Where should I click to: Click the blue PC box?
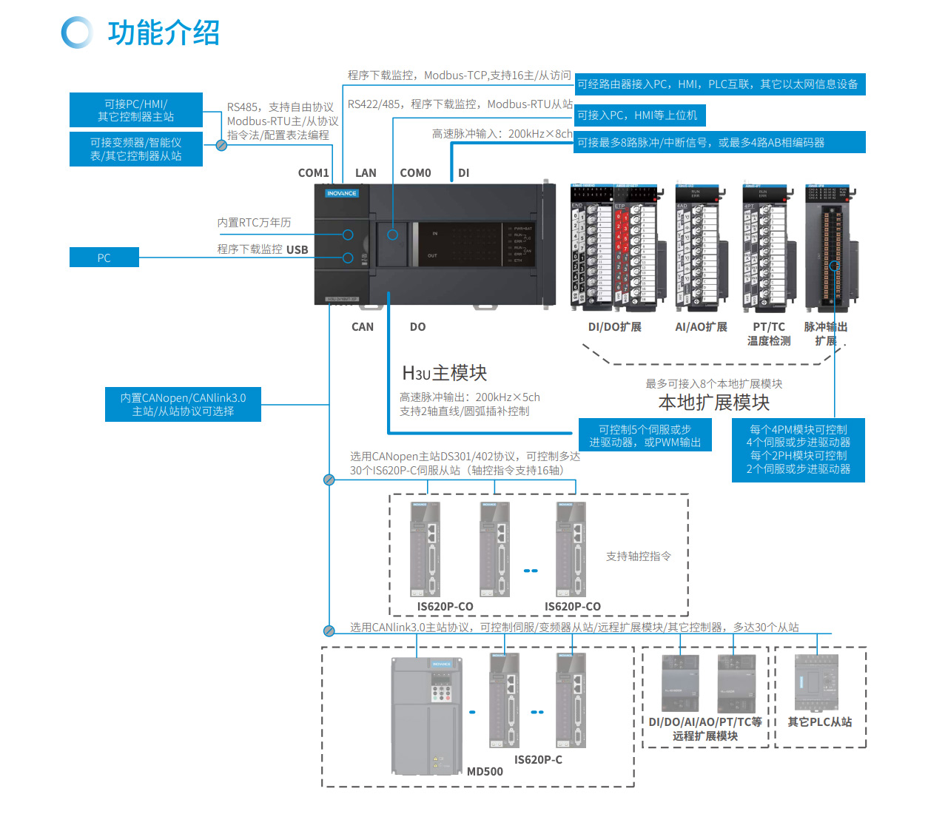tap(104, 258)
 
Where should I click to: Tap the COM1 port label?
tap(313, 173)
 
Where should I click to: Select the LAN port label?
tap(366, 173)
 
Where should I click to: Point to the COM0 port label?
tap(415, 173)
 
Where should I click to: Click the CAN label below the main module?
tap(363, 327)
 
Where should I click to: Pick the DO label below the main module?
tap(417, 327)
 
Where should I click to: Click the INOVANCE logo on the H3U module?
tap(341, 193)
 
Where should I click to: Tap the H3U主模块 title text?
tap(444, 373)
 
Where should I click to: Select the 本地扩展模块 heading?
tap(713, 403)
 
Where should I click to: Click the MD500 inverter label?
tap(485, 772)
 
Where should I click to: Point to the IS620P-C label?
tap(538, 760)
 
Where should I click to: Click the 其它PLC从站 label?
tap(819, 722)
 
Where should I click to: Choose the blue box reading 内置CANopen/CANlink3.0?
tap(183, 405)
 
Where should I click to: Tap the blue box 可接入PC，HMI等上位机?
tap(639, 115)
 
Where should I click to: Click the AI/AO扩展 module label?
tap(701, 327)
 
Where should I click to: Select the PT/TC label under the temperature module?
tap(769, 327)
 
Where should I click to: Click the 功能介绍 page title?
tap(164, 33)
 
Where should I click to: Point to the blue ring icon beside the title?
tap(77, 33)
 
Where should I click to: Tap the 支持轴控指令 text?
tap(639, 556)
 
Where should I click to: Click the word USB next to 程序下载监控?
tap(297, 250)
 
